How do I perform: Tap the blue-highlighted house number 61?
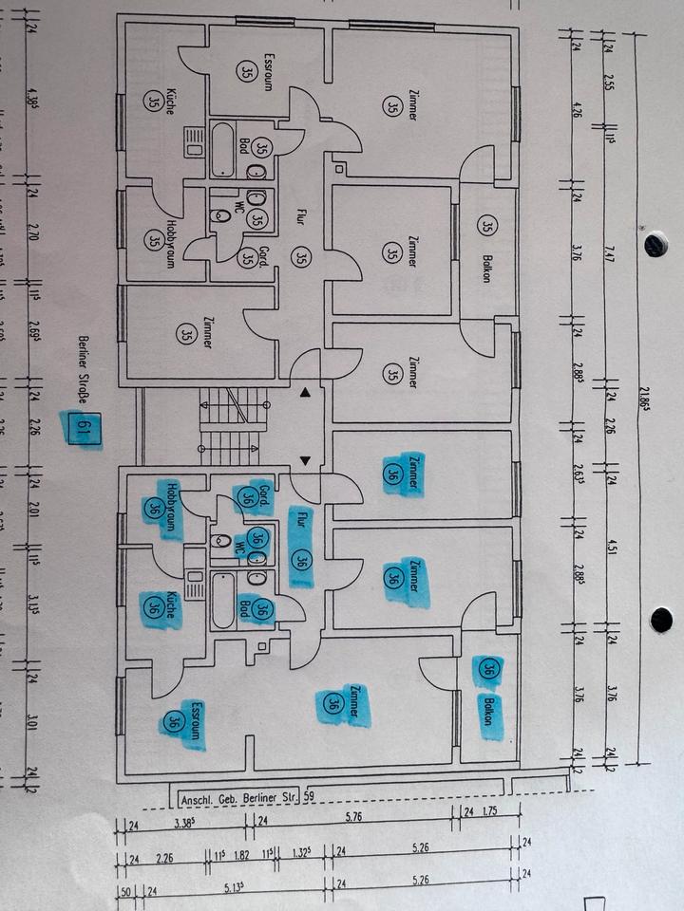83,429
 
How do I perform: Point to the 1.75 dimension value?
490,812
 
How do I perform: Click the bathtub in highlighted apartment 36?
224,599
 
